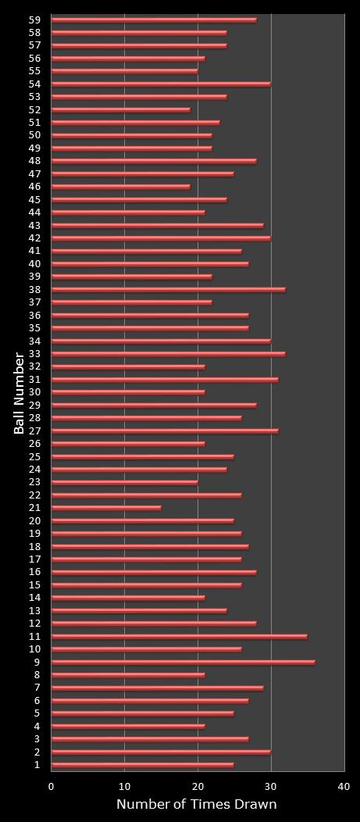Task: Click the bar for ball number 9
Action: point(183,662)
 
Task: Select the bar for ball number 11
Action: point(179,636)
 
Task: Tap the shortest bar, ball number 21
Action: point(106,508)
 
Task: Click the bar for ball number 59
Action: point(154,20)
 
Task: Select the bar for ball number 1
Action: point(142,765)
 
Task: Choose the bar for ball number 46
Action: point(120,186)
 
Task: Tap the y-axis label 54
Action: point(34,84)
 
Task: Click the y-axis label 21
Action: point(34,508)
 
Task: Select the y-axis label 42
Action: point(34,238)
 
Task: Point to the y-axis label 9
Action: point(37,662)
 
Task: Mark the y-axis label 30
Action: point(34,392)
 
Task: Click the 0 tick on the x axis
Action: point(52,787)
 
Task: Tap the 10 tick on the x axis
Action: point(124,787)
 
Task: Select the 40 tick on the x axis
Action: point(344,787)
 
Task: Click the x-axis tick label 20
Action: point(198,787)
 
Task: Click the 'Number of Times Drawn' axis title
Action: point(196,805)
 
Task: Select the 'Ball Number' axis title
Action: point(19,392)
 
